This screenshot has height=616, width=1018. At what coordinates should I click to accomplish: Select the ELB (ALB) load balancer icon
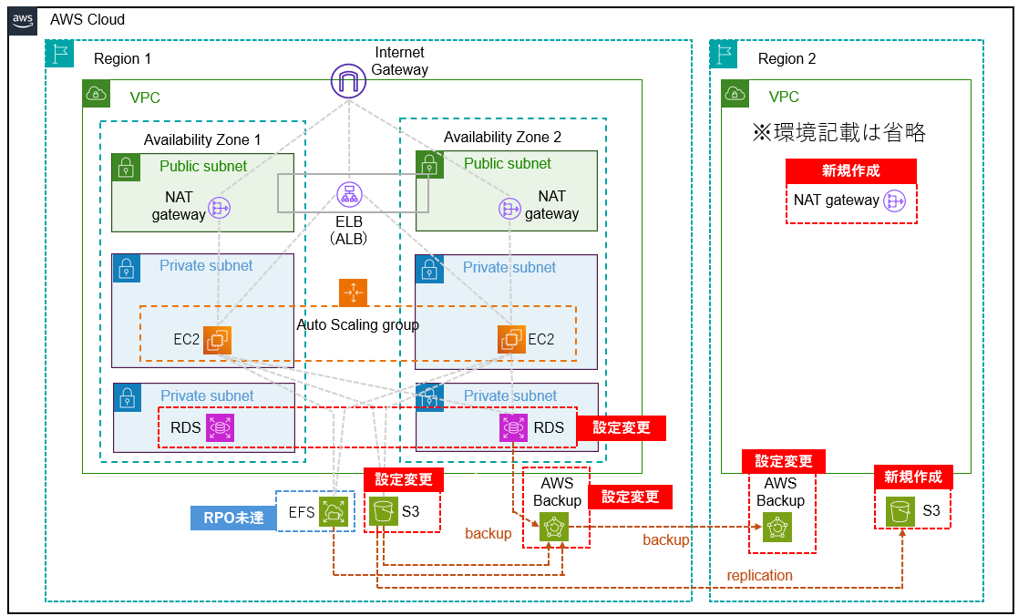pyautogui.click(x=347, y=193)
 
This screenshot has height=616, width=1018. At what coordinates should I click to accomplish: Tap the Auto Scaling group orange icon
pyautogui.click(x=353, y=293)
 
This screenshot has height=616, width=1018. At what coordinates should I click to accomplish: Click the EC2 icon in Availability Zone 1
pyautogui.click(x=217, y=340)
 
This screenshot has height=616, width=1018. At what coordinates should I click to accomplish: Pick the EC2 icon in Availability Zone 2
pyautogui.click(x=511, y=340)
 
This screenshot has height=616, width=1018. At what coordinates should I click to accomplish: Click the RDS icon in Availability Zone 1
pyautogui.click(x=220, y=427)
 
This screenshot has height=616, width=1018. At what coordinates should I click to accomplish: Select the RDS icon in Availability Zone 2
pyautogui.click(x=513, y=427)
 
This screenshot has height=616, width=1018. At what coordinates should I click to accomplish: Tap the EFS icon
pyautogui.click(x=333, y=512)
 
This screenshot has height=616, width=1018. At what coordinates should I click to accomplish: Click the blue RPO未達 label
pyautogui.click(x=232, y=518)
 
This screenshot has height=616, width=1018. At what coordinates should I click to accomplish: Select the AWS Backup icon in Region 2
pyautogui.click(x=776, y=528)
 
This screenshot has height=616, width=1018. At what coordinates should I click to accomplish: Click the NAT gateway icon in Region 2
pyautogui.click(x=895, y=200)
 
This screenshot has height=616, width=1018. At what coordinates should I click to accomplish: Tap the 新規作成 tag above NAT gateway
pyautogui.click(x=850, y=170)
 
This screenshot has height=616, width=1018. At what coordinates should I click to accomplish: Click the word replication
pyautogui.click(x=759, y=575)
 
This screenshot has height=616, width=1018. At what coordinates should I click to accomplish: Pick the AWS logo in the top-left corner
pyautogui.click(x=23, y=20)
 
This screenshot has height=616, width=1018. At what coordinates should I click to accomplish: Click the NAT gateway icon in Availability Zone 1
pyautogui.click(x=220, y=209)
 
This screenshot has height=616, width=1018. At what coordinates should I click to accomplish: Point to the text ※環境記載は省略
pyautogui.click(x=838, y=133)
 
